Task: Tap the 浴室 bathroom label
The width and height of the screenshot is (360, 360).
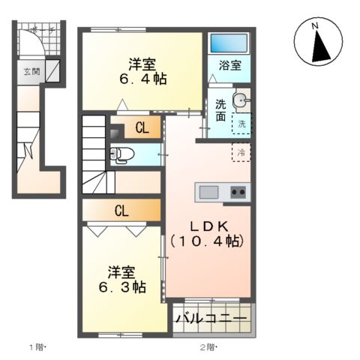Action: [x=230, y=66]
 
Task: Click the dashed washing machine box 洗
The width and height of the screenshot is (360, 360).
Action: [x=242, y=124]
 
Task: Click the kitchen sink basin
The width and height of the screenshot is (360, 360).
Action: [x=208, y=192]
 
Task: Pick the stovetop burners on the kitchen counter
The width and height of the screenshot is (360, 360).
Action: [x=238, y=192]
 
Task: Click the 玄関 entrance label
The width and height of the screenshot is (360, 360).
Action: [x=32, y=73]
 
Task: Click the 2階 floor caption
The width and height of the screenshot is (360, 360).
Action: [x=208, y=347]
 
